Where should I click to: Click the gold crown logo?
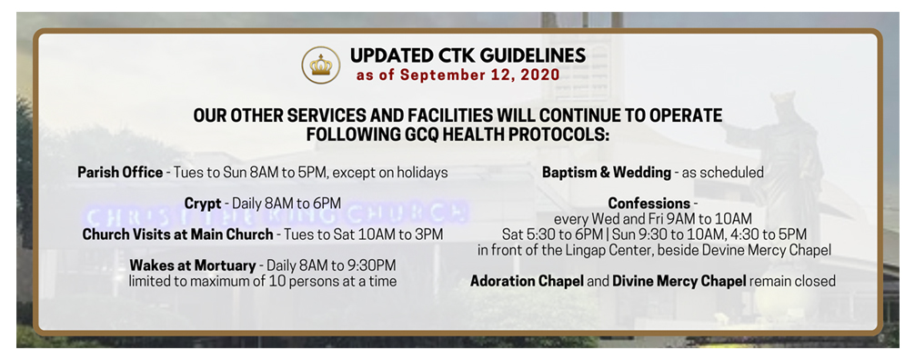pyautogui.click(x=320, y=65)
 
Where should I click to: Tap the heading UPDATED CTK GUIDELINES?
pyautogui.click(x=468, y=55)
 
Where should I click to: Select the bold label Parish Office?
pyautogui.click(x=120, y=173)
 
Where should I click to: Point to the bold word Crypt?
pyautogui.click(x=203, y=204)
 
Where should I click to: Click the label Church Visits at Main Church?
pyautogui.click(x=178, y=235)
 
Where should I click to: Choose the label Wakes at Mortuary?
pyautogui.click(x=193, y=265)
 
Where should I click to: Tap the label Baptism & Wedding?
pyautogui.click(x=607, y=173)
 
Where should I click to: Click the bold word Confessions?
pyautogui.click(x=649, y=204)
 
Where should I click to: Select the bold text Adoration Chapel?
pyautogui.click(x=527, y=281)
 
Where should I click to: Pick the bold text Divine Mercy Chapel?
pyautogui.click(x=679, y=281)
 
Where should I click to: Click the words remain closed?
pyautogui.click(x=792, y=281)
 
